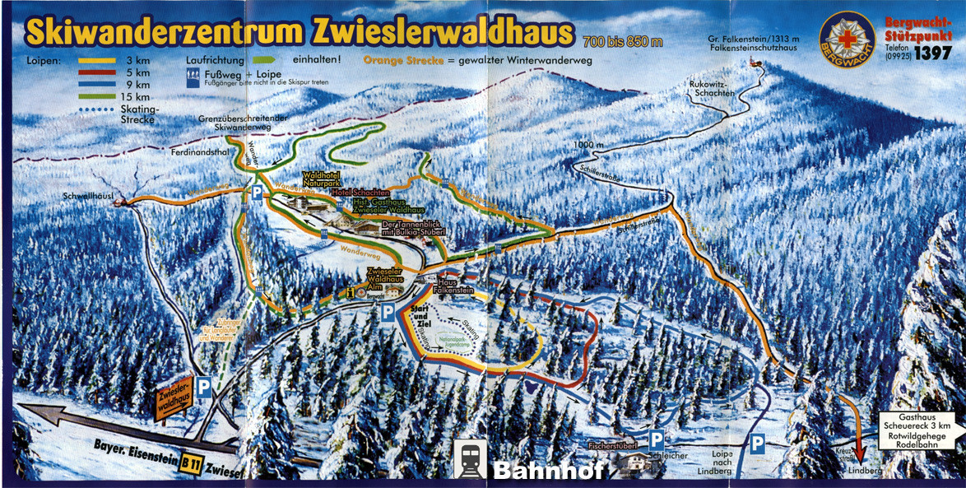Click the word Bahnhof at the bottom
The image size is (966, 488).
(548, 470)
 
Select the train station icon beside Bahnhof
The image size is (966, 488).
(470, 459)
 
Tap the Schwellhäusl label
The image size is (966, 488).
(90, 196)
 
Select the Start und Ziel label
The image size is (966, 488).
(420, 314)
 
